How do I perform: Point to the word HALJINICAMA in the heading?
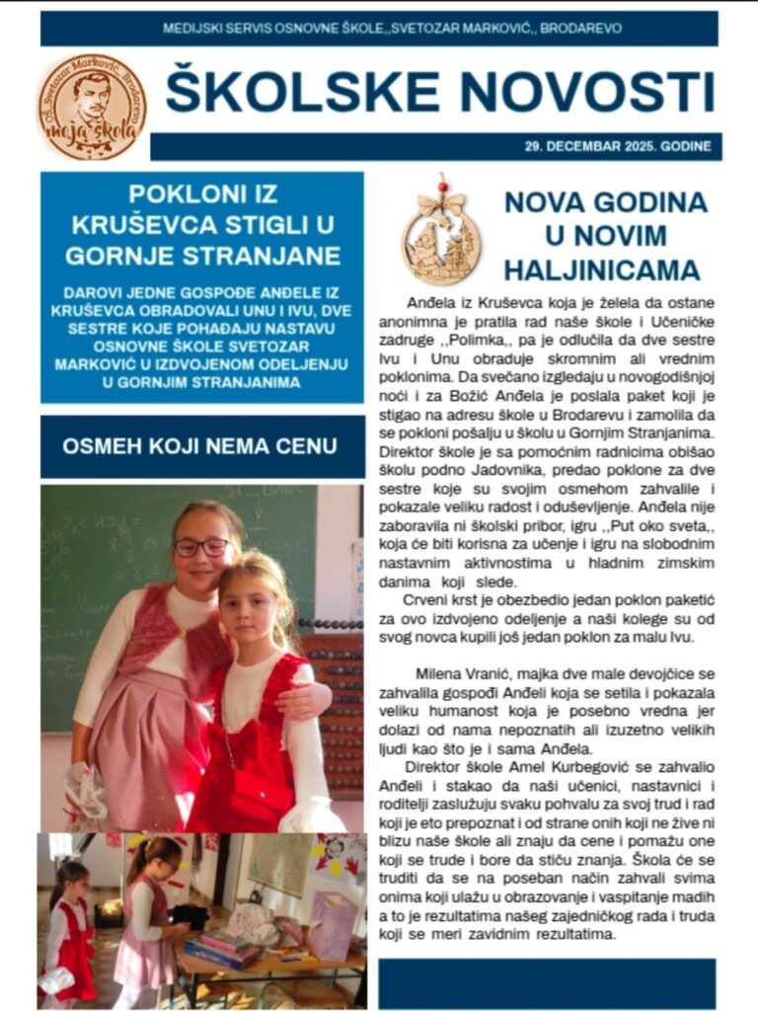point(601,270)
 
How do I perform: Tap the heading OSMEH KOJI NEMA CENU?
point(199,446)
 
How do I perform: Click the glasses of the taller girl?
point(202,546)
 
